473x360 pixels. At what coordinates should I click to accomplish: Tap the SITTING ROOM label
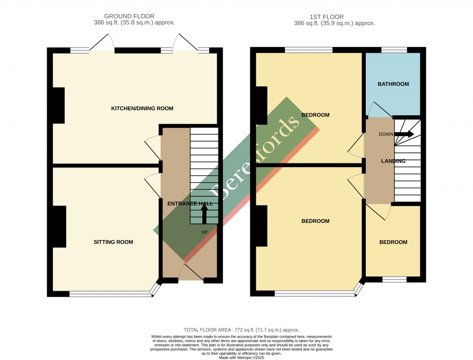click(x=113, y=242)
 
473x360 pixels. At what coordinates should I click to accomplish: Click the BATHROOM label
click(x=393, y=84)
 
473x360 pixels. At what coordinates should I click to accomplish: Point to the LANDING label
click(x=393, y=161)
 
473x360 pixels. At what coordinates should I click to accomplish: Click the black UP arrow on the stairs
click(x=204, y=214)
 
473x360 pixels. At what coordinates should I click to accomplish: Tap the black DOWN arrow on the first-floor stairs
click(x=405, y=134)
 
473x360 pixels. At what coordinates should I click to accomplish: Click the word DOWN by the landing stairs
click(x=386, y=134)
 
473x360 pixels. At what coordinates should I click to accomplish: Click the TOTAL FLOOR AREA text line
click(x=241, y=330)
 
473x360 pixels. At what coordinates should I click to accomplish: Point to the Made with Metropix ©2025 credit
click(x=241, y=358)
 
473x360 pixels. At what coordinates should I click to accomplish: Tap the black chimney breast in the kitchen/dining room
click(x=59, y=105)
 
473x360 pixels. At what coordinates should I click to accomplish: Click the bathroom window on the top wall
click(x=394, y=49)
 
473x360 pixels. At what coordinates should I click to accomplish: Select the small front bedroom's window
click(x=394, y=279)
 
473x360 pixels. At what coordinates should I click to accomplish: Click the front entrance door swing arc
click(x=190, y=272)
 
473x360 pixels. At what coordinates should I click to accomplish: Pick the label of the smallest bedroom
click(x=393, y=242)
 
